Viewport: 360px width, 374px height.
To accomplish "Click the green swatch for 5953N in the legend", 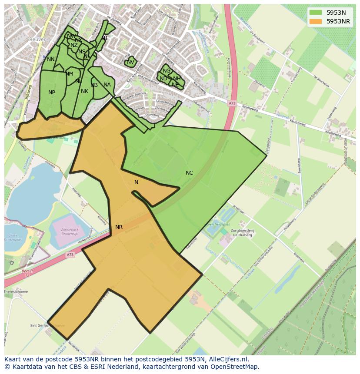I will pos(316,13).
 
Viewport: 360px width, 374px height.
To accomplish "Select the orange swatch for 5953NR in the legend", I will pos(316,21).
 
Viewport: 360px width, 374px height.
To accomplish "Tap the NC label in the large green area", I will pos(189,173).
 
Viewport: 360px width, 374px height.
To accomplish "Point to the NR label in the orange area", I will pos(119,227).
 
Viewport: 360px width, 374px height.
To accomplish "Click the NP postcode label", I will pos(52,93).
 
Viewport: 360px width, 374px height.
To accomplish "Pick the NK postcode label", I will pos(84,91).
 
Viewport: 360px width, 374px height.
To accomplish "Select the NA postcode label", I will pos(107,85).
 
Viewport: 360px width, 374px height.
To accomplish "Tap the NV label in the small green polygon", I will pos(130,62).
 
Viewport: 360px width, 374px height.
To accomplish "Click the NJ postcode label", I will pos(104,38).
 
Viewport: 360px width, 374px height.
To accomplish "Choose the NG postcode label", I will pos(166,71).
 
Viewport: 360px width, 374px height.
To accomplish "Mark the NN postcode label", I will pos(51,60).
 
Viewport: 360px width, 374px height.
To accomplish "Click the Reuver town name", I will pos(37,39).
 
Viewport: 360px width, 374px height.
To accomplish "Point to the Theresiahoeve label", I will pos(16,291).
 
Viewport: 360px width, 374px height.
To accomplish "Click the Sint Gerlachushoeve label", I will pos(47,325).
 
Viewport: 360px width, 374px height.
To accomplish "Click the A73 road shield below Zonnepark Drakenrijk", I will pos(70,255).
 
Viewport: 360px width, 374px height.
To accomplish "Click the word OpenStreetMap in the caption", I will pos(236,367).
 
